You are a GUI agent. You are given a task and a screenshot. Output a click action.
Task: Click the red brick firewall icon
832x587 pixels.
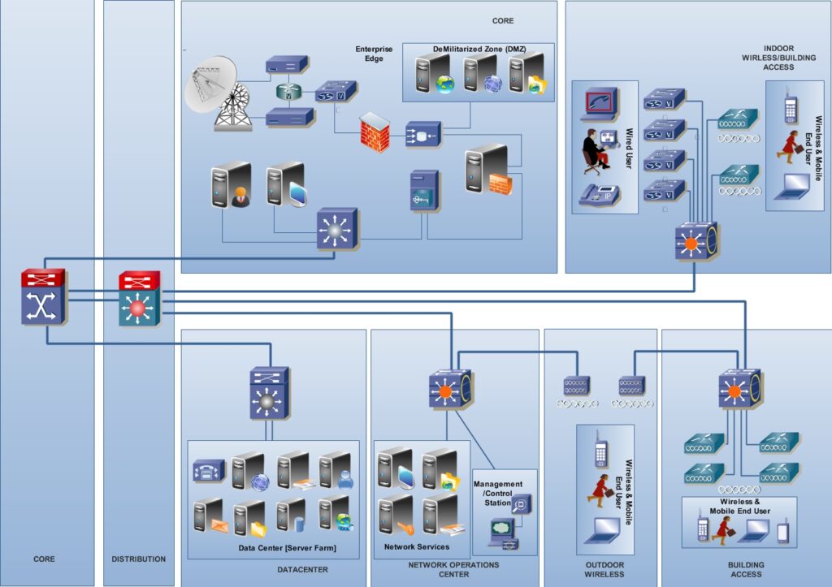(x=376, y=129)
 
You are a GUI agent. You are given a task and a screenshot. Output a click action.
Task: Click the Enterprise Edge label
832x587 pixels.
(x=374, y=54)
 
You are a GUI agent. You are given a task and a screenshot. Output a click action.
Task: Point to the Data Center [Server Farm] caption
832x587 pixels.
(x=287, y=549)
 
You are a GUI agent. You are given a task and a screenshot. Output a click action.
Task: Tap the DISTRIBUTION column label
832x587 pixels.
(x=138, y=559)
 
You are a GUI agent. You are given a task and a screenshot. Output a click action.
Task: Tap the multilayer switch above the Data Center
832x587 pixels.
(x=269, y=393)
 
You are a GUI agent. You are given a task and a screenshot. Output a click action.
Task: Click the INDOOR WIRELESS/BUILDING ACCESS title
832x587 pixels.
(x=768, y=58)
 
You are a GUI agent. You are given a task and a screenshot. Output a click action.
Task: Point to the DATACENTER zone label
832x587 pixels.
(x=302, y=569)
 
